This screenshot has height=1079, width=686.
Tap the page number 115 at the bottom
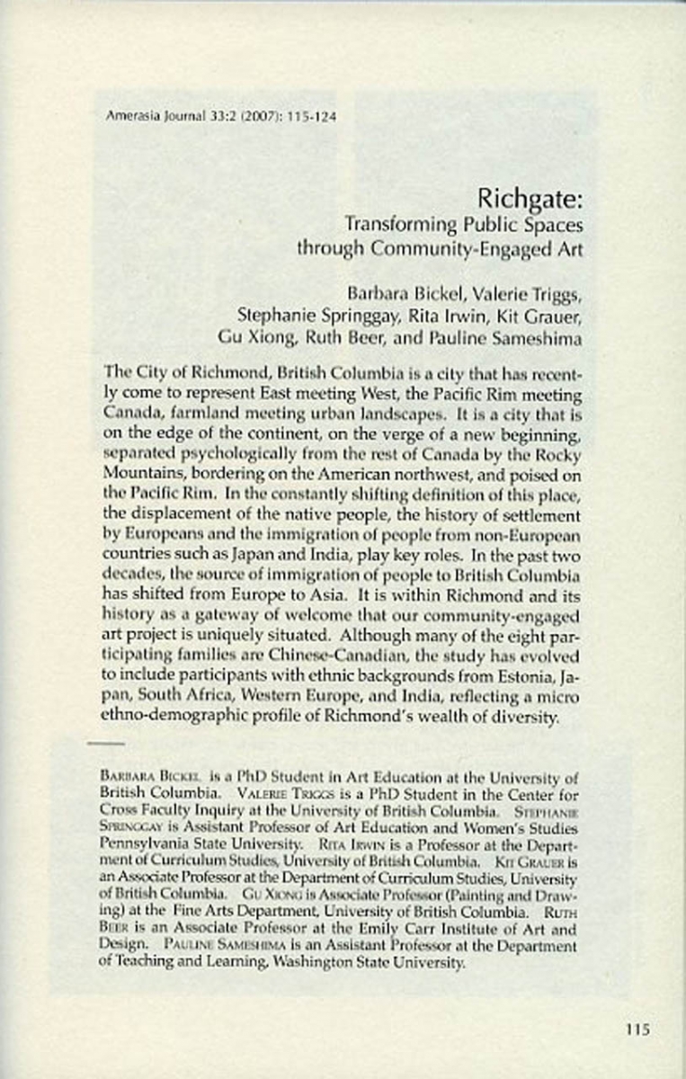[x=637, y=1030]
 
